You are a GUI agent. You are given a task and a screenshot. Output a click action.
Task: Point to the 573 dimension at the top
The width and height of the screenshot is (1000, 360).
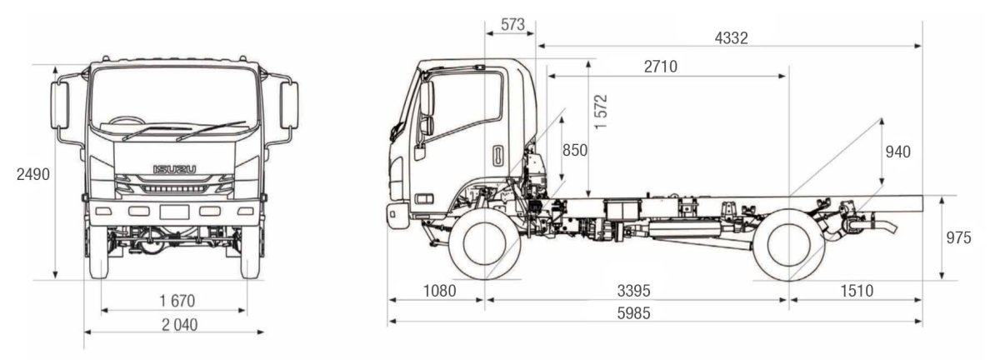512,25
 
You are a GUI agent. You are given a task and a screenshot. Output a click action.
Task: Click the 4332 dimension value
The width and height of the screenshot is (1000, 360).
731,38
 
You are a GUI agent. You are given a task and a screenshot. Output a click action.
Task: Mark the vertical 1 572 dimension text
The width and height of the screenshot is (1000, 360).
602,110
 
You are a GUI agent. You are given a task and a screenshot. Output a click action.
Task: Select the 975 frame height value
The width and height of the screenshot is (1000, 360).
958,238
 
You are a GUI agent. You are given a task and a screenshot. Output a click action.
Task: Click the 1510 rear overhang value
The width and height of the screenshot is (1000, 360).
857,291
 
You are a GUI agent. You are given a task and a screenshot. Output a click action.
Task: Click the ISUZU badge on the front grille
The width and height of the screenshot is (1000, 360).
174,170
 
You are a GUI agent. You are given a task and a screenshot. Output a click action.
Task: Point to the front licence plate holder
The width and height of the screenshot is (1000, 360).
174,212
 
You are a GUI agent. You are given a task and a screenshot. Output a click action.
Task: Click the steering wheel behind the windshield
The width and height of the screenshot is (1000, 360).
127,123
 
